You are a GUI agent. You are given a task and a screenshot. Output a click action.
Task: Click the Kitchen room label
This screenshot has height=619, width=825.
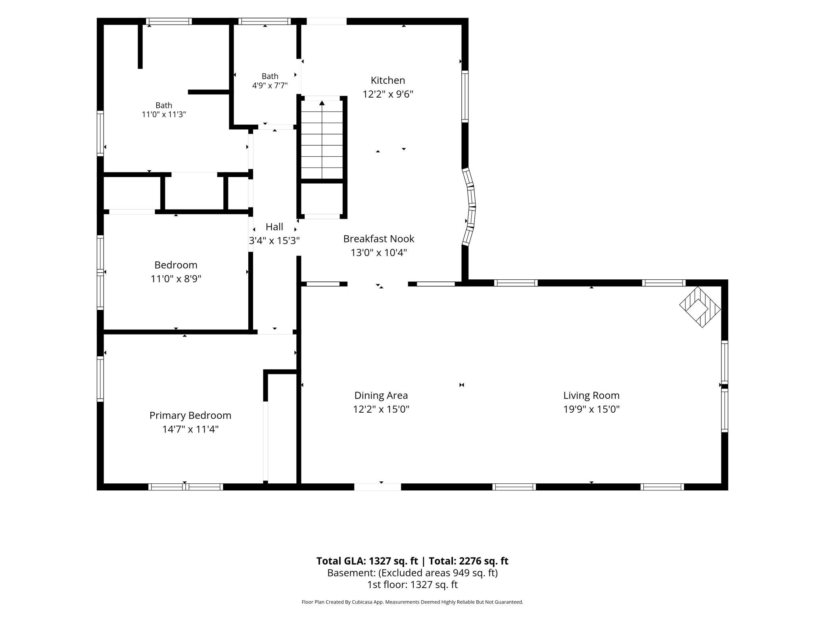388,81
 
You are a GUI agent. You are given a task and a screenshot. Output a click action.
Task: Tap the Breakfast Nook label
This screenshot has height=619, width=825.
378,239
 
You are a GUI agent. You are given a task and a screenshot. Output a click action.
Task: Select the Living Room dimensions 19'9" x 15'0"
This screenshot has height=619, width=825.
591,409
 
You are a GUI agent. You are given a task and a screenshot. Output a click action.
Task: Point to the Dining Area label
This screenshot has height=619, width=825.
381,396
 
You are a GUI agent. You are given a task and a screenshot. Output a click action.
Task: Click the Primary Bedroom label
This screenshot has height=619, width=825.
190,415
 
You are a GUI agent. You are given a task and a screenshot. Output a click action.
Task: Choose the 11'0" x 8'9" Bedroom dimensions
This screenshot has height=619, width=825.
176,279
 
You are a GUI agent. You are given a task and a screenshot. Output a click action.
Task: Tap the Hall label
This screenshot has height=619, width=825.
274,227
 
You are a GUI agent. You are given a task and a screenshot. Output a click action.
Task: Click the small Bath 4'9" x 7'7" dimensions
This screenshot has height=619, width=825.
270,85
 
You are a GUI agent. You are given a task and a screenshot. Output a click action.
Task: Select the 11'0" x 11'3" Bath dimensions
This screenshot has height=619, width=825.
164,115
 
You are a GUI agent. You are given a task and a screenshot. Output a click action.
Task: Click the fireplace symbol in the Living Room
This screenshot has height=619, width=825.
700,307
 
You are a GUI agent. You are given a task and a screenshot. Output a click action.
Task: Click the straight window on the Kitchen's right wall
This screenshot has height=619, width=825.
465,96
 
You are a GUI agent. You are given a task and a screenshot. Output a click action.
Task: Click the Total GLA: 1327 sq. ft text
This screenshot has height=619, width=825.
367,561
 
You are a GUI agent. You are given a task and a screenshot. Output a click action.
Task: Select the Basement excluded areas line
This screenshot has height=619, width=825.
412,573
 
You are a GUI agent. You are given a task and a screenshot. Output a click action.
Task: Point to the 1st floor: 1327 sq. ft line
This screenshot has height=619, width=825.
412,585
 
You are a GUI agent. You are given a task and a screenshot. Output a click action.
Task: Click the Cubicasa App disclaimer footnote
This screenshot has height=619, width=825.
412,602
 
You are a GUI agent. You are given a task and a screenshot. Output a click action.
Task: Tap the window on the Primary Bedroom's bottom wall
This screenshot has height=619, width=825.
186,487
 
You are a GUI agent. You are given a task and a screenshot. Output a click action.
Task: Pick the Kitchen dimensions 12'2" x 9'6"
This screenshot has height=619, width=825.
388,94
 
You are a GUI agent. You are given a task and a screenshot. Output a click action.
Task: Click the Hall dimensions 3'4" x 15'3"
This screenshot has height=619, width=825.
274,241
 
